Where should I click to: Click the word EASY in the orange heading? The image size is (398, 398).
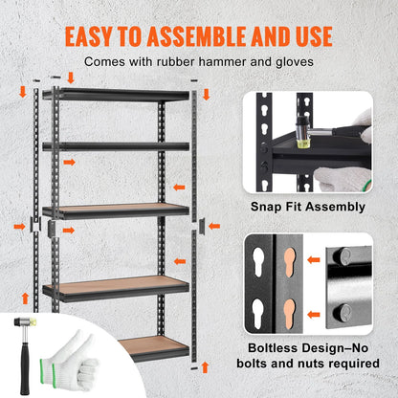pyautogui.click(x=95, y=35)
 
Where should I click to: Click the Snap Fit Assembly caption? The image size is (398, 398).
pyautogui.click(x=307, y=207)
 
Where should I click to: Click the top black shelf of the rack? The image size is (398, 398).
pyautogui.click(x=115, y=95)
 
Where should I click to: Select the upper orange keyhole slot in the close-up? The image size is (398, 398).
pyautogui.click(x=291, y=265)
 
